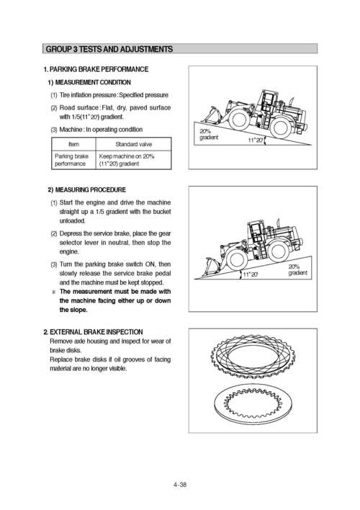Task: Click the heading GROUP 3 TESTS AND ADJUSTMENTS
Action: click(x=109, y=50)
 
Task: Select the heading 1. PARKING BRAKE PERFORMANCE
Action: click(x=96, y=70)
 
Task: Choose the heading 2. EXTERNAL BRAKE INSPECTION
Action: click(x=97, y=332)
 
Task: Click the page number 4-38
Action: click(x=179, y=485)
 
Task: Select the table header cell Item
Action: click(x=72, y=144)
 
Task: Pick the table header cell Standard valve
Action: click(x=133, y=144)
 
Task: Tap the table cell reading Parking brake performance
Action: click(x=72, y=159)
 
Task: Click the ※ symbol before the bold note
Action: click(x=53, y=292)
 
